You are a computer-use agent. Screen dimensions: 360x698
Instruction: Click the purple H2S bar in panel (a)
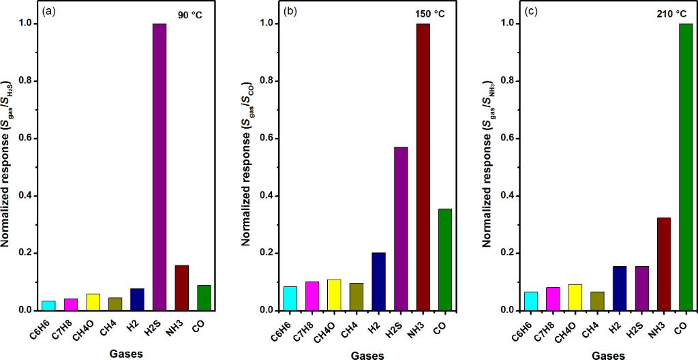[160, 167]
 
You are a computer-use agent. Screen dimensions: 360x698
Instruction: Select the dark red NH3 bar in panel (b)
[423, 167]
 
